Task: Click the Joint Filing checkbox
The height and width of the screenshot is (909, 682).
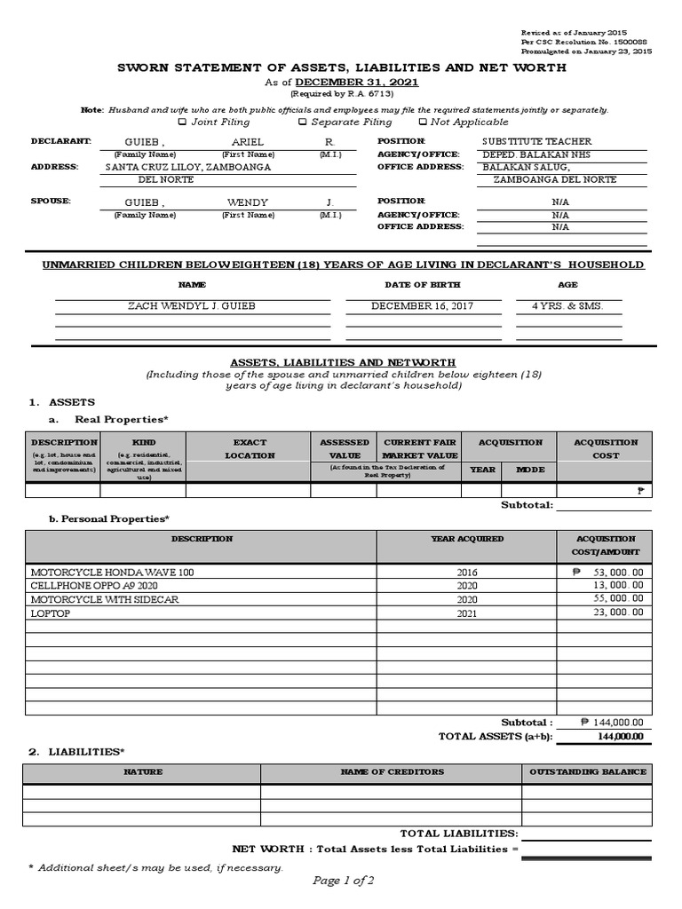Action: tap(183, 122)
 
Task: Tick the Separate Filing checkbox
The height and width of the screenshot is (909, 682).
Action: tap(303, 122)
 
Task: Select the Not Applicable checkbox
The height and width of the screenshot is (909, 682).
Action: tap(422, 122)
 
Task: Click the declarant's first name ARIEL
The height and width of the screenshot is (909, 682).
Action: tap(247, 142)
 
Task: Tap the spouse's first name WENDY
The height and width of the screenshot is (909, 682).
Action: tap(247, 202)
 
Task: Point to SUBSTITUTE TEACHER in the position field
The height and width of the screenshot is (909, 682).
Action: tap(536, 142)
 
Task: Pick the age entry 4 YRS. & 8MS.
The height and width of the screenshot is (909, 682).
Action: tap(567, 305)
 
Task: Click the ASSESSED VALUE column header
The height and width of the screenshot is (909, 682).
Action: tap(345, 448)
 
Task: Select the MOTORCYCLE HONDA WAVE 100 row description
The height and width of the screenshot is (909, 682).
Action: tap(112, 573)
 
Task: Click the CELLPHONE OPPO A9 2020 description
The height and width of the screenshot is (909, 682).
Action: tap(93, 586)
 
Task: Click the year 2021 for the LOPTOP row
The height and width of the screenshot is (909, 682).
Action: tap(467, 613)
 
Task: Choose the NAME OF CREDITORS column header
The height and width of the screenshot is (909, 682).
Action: tap(392, 772)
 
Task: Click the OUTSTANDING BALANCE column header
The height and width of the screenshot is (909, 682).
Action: tap(587, 772)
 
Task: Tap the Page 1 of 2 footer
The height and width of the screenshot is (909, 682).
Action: tap(343, 881)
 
